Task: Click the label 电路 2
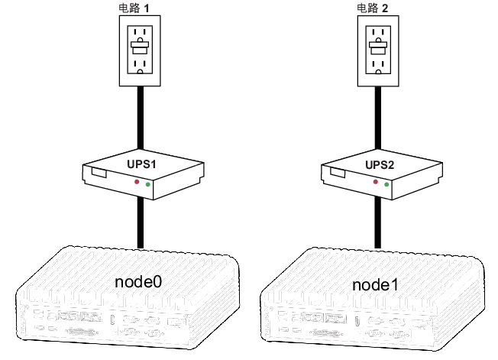(x=374, y=8)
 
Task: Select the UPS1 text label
(x=141, y=164)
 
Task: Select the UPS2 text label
(x=380, y=164)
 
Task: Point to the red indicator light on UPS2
(x=376, y=182)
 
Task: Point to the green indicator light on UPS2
(x=386, y=185)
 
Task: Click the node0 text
(x=140, y=281)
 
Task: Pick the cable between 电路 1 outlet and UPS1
(x=140, y=118)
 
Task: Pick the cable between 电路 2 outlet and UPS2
(x=377, y=118)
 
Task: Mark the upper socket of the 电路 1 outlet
(x=140, y=36)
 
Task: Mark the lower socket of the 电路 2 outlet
(x=377, y=65)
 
